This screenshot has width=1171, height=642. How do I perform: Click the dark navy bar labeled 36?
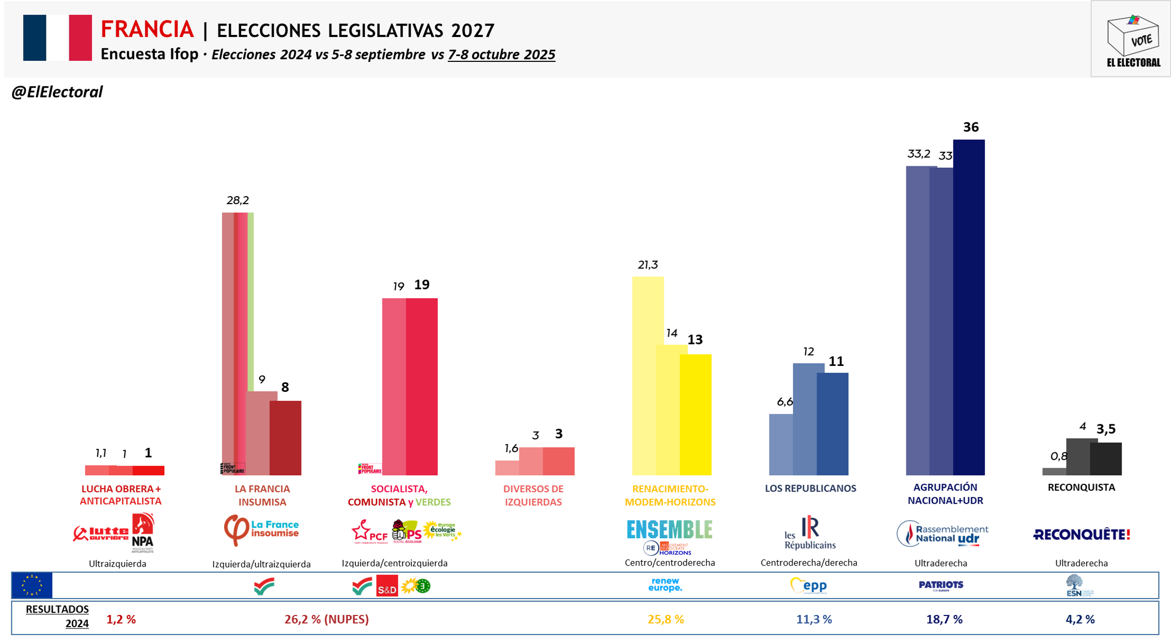[x=969, y=307]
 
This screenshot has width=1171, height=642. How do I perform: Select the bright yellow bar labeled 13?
[x=696, y=414]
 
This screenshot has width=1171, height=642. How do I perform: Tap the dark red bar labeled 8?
[x=286, y=438]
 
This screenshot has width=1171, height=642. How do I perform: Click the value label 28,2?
[x=238, y=200]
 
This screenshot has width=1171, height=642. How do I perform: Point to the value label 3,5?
[x=1106, y=429]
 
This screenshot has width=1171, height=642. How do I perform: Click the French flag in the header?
[x=57, y=38]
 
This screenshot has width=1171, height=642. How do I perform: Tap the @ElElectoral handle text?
[x=57, y=92]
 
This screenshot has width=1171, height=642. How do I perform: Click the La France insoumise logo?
[x=262, y=530]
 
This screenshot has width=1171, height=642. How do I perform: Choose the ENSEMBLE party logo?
[x=669, y=530]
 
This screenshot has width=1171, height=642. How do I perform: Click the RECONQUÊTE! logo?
[x=1081, y=535]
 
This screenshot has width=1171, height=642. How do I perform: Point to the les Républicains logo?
[x=810, y=533]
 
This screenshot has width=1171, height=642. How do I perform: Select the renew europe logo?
[x=665, y=585]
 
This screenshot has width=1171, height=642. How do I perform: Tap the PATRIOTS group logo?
[x=941, y=585]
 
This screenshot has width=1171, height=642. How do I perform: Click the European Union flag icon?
[x=32, y=585]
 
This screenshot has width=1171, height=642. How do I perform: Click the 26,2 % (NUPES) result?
[x=326, y=619]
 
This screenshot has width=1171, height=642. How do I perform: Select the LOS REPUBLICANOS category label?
[x=810, y=488]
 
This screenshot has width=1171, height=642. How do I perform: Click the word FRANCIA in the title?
[x=147, y=29]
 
